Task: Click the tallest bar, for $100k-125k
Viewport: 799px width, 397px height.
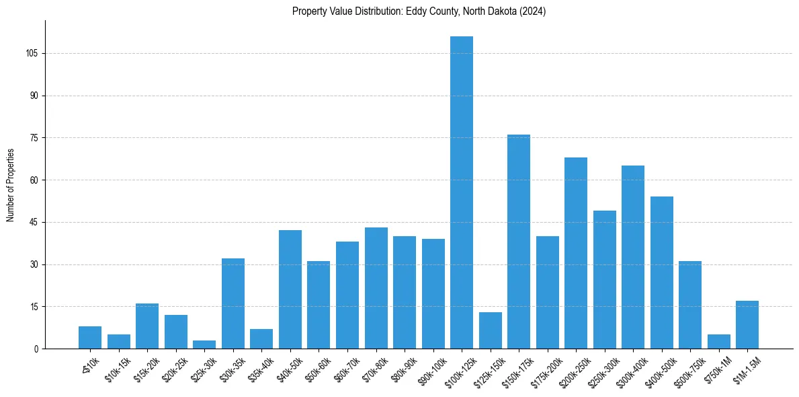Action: (461, 192)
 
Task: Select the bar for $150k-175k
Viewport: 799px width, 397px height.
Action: (519, 242)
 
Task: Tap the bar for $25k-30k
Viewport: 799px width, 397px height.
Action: (204, 345)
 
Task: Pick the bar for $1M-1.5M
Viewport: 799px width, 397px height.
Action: (747, 325)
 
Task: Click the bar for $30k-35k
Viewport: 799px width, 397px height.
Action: (233, 303)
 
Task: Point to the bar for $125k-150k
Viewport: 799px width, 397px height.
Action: (490, 330)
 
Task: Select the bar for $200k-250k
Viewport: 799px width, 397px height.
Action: (576, 253)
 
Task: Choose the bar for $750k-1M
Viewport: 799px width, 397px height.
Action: (718, 342)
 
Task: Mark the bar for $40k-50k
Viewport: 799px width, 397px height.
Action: (290, 289)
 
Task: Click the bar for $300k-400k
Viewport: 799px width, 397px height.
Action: (633, 257)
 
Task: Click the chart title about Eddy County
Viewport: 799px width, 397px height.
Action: (419, 11)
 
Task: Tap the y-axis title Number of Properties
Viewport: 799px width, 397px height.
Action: (11, 185)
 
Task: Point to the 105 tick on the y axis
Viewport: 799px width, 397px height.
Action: (32, 54)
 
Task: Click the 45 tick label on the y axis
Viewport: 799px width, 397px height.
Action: (34, 223)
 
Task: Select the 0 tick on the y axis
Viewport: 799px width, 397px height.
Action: (36, 349)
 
